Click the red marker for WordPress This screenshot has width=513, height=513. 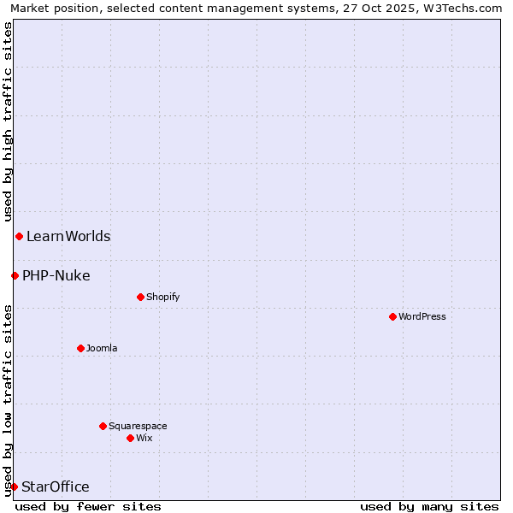click(392, 316)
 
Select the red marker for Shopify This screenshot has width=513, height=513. click(140, 297)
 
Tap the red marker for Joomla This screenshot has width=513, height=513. click(80, 348)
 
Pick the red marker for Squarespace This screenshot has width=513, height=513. click(103, 426)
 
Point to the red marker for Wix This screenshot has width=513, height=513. click(130, 438)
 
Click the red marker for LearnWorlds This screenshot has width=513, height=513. click(19, 236)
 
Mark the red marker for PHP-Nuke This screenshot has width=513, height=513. click(15, 275)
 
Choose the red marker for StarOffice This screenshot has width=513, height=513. click(14, 486)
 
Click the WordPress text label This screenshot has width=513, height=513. click(422, 317)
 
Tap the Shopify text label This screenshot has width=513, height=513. click(162, 298)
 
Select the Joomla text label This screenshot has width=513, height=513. click(102, 349)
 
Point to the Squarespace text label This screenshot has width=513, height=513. click(138, 427)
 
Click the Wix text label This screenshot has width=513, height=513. click(144, 439)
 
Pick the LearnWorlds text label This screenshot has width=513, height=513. click(68, 237)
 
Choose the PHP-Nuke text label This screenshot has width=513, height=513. click(56, 276)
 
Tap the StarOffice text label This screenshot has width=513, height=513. click(56, 487)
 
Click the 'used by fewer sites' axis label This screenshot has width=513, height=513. click(88, 507)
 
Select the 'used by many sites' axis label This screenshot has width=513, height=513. click(429, 507)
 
